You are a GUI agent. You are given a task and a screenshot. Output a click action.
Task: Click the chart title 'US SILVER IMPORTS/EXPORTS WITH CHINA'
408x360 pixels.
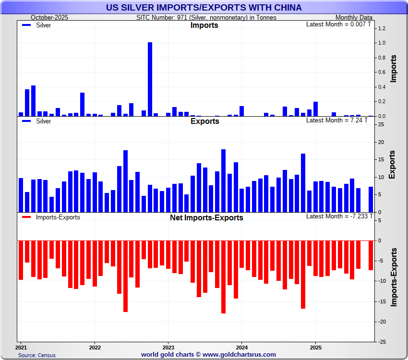point(204,8)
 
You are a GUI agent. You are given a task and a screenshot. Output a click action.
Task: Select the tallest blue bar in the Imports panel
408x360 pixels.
point(150,79)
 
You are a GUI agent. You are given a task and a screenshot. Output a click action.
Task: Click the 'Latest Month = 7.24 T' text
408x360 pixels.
point(336,120)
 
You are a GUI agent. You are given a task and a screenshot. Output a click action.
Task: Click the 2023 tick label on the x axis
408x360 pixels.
point(168,347)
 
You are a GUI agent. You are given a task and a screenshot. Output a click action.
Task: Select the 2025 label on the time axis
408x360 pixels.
point(315,347)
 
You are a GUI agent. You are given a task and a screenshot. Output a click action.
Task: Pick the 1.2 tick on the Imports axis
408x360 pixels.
point(382,28)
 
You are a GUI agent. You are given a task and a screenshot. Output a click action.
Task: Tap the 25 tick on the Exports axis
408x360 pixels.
point(381,125)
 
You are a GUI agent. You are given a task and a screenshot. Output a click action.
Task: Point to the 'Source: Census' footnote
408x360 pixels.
point(37,355)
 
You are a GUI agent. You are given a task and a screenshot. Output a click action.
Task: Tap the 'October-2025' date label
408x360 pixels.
point(50,17)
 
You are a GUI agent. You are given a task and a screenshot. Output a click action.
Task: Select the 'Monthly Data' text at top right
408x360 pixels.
point(354,17)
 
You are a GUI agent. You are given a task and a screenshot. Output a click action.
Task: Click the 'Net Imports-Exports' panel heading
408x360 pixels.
point(206,217)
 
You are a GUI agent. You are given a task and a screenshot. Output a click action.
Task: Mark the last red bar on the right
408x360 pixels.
point(371,255)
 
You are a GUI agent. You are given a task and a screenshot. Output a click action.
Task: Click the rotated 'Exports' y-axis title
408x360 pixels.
point(392,165)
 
